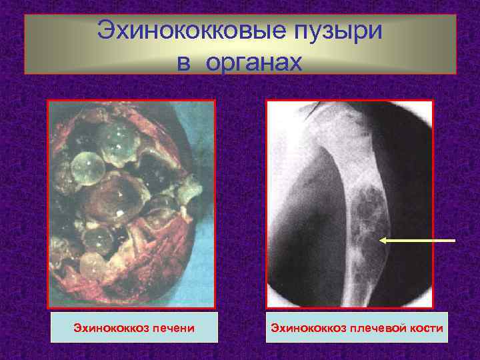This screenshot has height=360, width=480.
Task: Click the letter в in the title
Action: pyautogui.click(x=185, y=63)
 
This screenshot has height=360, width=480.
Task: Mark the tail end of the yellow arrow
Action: pyautogui.click(x=455, y=239)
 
